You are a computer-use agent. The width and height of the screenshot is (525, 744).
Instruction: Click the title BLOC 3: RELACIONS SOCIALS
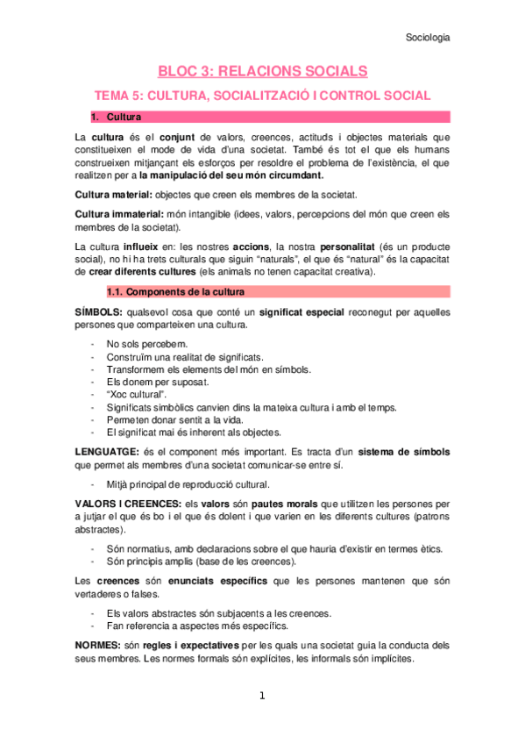(262, 71)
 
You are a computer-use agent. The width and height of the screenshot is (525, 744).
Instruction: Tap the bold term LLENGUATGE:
(109, 451)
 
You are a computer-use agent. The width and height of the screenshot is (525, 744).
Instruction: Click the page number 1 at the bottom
(262, 697)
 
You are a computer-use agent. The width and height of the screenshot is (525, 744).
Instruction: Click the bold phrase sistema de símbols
(403, 451)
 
